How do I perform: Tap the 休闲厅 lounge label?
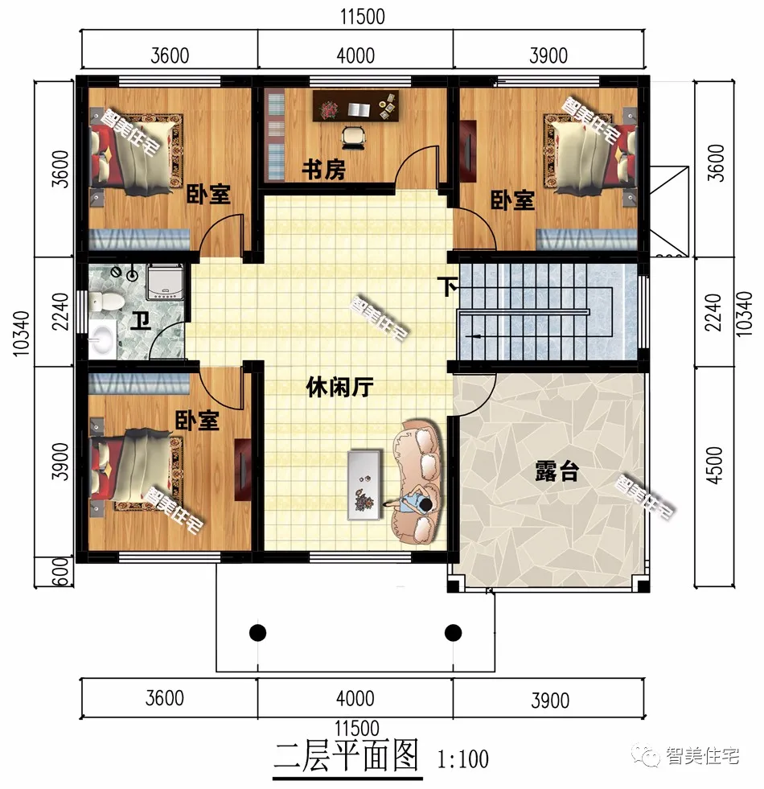pos(340,388)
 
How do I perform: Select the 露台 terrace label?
pos(557,472)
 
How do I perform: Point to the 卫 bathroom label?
pos(142,323)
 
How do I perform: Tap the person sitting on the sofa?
pos(419,503)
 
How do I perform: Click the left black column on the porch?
pos(257,632)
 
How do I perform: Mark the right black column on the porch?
pos(453,632)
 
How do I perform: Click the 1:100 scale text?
pos(463,758)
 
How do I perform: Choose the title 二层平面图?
pos(347,756)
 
